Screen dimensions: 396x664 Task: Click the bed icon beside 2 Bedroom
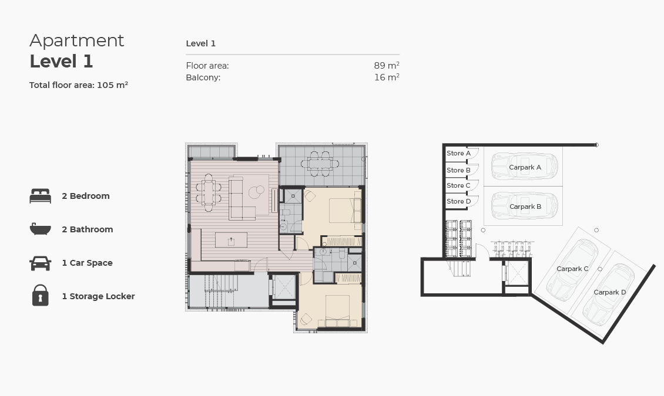tap(40, 196)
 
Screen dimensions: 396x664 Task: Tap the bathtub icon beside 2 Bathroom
tap(40, 229)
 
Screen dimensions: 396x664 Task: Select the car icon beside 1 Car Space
tap(40, 263)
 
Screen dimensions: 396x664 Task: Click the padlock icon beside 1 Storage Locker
tap(40, 296)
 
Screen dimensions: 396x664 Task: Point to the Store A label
tap(458, 153)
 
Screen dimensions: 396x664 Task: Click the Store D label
tap(458, 201)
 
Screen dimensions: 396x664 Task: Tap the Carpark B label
tap(525, 207)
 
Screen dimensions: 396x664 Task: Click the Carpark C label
tap(572, 269)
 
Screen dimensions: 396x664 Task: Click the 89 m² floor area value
tap(386, 66)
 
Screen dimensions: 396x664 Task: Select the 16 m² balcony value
tap(386, 77)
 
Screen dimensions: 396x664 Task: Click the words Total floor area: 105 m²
tap(79, 85)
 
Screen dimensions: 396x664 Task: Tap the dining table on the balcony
tap(321, 164)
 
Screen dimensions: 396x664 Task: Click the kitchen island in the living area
tap(231, 240)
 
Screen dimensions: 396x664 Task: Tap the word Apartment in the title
tap(77, 40)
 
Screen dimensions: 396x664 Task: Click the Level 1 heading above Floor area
tap(200, 43)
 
